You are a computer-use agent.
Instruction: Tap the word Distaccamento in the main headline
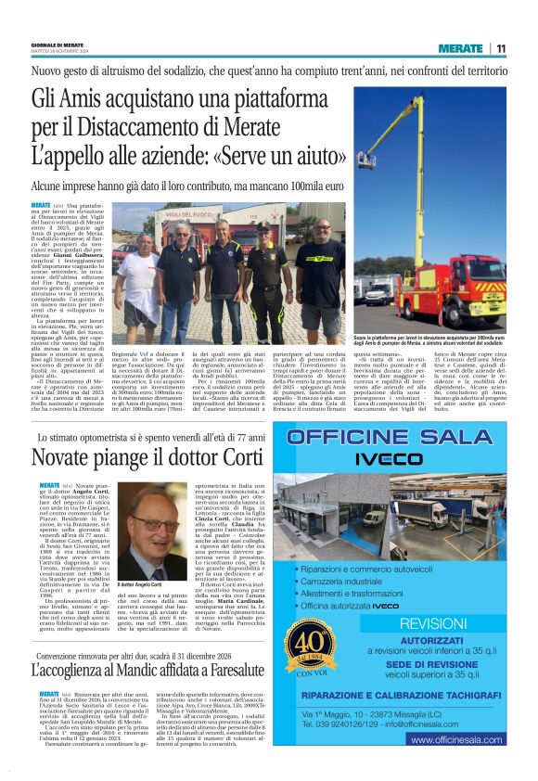pyautogui.click(x=153, y=126)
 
